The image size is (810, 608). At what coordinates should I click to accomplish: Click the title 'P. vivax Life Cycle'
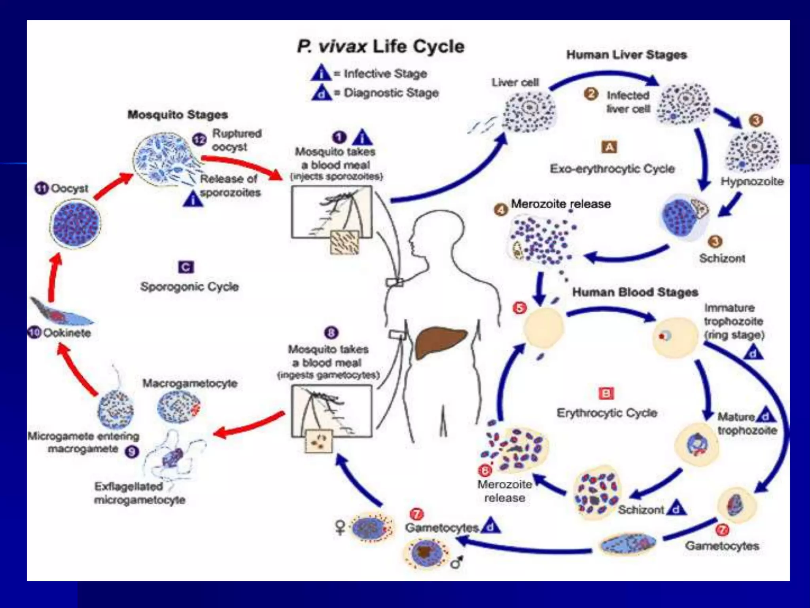[x=380, y=47]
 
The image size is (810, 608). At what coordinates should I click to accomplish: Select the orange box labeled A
[x=609, y=147]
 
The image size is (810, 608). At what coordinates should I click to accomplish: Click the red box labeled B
[x=606, y=393]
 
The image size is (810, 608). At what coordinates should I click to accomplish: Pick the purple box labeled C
[x=186, y=267]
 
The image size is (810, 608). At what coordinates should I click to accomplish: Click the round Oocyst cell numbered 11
[x=75, y=224]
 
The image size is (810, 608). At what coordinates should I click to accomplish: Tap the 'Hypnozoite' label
[x=752, y=181]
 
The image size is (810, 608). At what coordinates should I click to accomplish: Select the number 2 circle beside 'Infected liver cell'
[x=591, y=94]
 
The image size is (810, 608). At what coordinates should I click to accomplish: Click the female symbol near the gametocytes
[x=340, y=527]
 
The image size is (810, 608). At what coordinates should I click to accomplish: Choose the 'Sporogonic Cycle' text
[x=189, y=287]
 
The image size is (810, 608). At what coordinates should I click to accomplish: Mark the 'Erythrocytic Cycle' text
[x=607, y=413]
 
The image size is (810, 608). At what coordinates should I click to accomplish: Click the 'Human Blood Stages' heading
[x=635, y=292]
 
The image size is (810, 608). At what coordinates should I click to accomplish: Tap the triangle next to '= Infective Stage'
[x=321, y=74]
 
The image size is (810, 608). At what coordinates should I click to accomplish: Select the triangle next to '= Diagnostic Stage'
[x=321, y=93]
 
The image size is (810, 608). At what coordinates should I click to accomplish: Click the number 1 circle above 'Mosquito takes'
[x=339, y=137]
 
